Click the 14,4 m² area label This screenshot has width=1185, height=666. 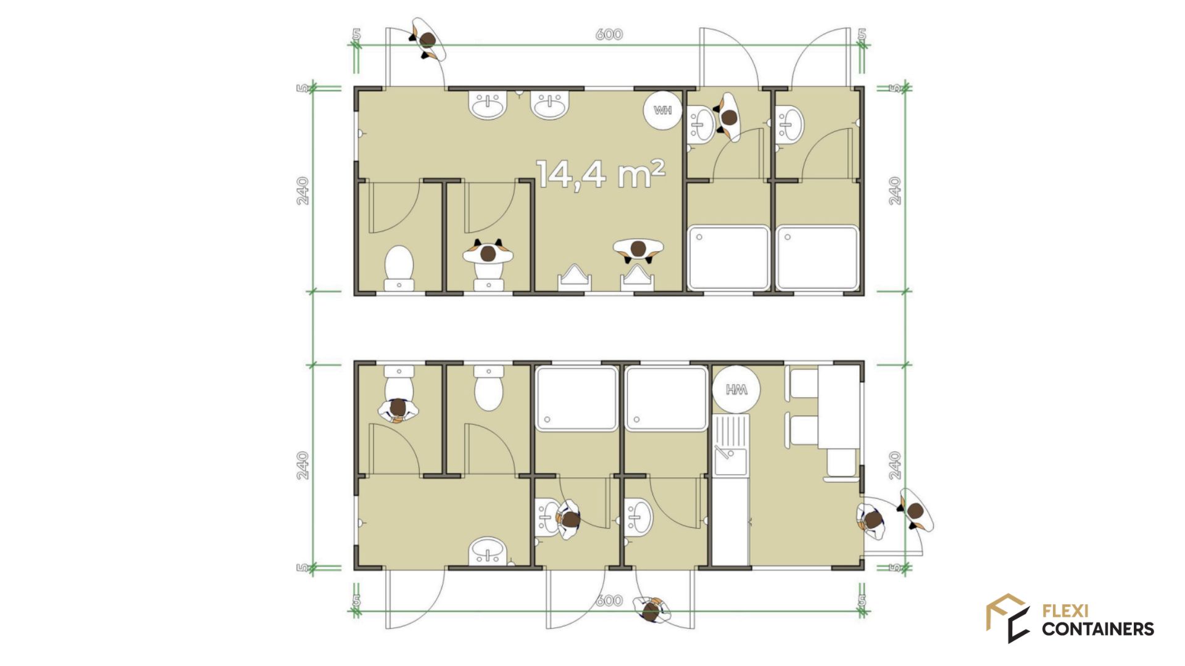point(601,174)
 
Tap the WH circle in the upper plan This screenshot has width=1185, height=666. point(662,110)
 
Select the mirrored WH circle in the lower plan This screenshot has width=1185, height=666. point(736,389)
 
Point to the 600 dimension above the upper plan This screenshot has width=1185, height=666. point(609,35)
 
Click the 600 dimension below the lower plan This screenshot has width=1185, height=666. point(609,601)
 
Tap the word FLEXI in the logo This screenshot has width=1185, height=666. point(1065,611)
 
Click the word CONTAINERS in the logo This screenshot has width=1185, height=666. point(1098,629)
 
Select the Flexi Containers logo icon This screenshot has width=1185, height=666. point(1008,618)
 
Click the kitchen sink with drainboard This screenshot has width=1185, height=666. point(731,445)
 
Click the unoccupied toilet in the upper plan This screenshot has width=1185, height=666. point(399,268)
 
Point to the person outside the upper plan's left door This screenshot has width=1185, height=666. point(428,39)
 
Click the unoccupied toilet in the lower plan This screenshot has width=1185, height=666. point(489,388)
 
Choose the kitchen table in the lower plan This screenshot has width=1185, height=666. point(839,407)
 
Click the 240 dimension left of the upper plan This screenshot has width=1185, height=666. point(302,191)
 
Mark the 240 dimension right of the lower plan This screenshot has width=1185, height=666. point(896,466)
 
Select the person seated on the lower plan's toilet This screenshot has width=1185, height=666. point(398,409)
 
